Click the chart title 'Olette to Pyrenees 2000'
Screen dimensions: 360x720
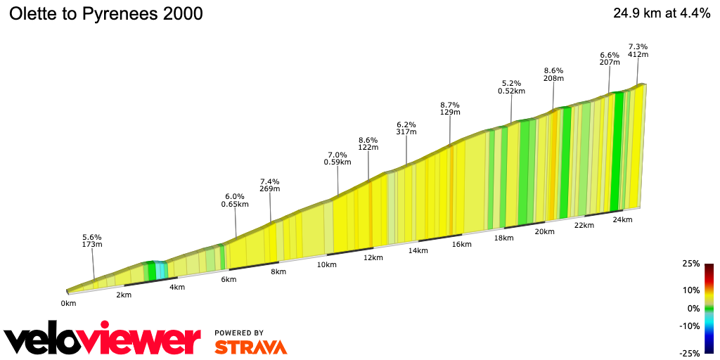(105, 13)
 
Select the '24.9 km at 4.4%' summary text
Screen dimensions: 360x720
(661, 13)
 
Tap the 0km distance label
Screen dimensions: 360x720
(68, 304)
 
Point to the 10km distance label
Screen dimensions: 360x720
(327, 264)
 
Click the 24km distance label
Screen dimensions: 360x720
(622, 219)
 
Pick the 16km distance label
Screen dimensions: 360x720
(461, 244)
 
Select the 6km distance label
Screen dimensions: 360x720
(229, 279)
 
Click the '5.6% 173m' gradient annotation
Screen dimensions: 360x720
(92, 240)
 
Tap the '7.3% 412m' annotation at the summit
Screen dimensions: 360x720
(638, 51)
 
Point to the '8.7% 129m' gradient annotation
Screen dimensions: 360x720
(450, 108)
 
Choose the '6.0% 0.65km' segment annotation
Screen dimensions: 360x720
(235, 200)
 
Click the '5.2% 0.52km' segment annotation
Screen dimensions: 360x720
(511, 86)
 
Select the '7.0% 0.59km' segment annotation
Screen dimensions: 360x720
(337, 158)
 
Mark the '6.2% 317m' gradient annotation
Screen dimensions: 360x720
(406, 128)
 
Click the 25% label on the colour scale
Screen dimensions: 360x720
(691, 264)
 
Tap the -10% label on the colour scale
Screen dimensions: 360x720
(690, 326)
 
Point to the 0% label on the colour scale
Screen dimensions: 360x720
(693, 308)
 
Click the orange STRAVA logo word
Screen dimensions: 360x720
(250, 347)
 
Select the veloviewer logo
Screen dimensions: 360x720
(103, 340)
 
